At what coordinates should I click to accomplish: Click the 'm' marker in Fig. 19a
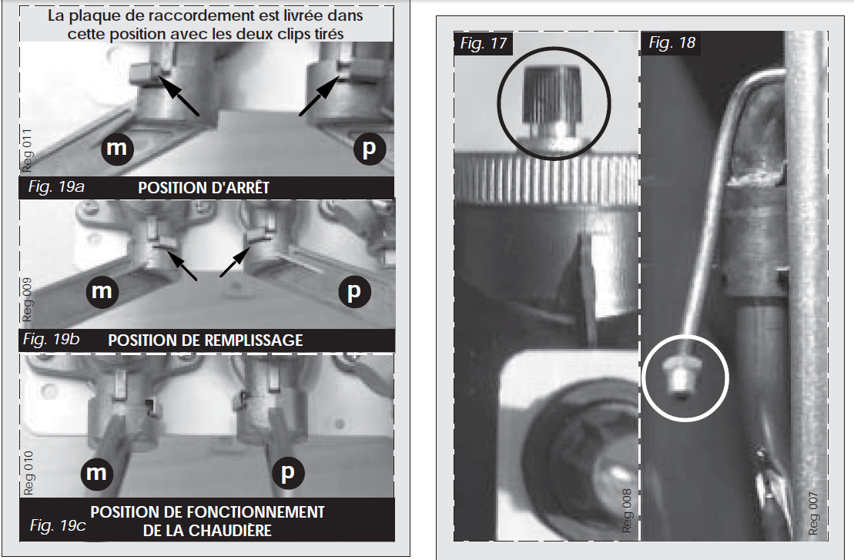117,148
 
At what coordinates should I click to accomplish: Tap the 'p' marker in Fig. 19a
370,148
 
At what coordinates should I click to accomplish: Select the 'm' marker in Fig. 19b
102,291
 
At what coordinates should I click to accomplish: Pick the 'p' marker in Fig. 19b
354,291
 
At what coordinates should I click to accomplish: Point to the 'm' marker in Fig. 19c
97,472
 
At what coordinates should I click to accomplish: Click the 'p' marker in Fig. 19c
287,471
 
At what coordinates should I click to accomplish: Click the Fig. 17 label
483,43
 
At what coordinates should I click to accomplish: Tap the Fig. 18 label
672,42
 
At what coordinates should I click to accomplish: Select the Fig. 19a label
56,187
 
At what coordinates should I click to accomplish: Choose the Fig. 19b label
51,340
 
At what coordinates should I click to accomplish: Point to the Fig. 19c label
58,525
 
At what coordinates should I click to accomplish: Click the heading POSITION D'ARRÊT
204,188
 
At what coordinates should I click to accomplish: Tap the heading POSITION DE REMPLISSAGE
206,340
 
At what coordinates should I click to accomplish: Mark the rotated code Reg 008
627,511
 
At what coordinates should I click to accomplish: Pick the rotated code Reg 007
813,514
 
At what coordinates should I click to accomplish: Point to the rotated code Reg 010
28,473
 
